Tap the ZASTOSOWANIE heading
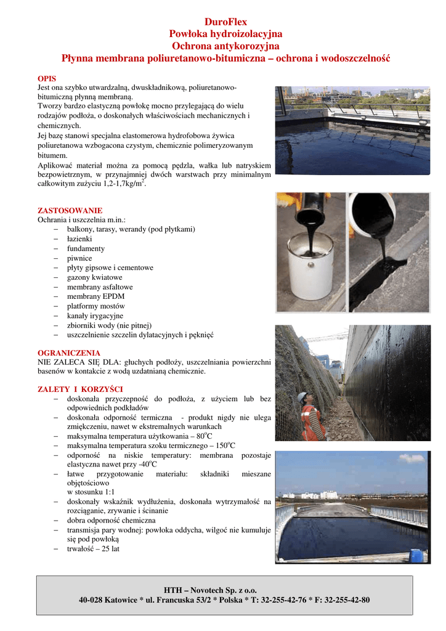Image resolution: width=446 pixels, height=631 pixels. point(70,210)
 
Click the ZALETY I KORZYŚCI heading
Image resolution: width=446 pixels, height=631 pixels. point(80,389)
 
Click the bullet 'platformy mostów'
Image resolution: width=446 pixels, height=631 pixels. point(96,306)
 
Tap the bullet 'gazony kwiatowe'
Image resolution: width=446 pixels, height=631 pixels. point(94,277)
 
